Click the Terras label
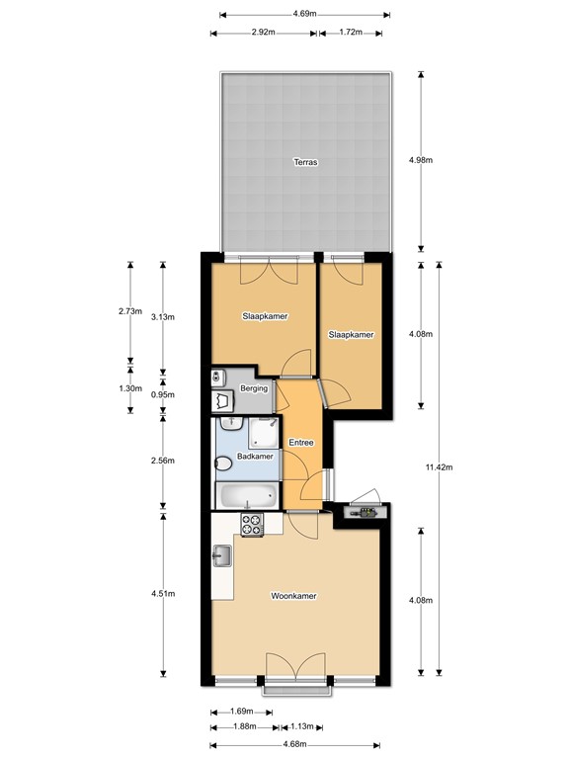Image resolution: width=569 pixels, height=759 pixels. coord(304,162)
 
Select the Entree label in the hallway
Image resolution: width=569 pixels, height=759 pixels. coord(300,442)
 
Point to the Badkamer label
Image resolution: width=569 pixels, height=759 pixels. coord(255,457)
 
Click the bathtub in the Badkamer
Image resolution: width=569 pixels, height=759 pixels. coord(246,495)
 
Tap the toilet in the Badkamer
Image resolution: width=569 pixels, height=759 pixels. coord(223,461)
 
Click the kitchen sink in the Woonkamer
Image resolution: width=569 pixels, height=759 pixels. coord(221,558)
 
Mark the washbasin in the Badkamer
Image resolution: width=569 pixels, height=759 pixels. coord(231,423)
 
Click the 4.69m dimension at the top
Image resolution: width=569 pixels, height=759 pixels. coord(304,14)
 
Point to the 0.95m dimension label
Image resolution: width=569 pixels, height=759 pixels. coord(163,394)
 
